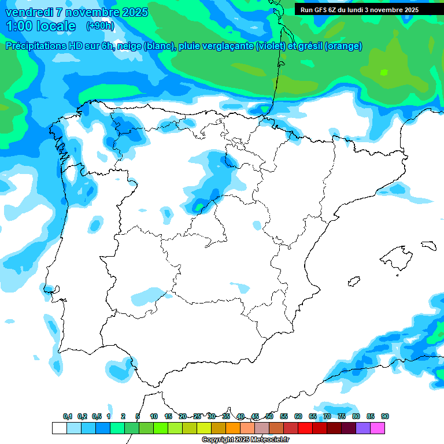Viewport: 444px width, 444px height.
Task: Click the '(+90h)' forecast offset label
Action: click(x=100, y=26)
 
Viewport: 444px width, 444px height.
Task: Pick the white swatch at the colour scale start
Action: click(x=59, y=428)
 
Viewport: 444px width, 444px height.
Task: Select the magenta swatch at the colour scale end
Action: click(x=378, y=428)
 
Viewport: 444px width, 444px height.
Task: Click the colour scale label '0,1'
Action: click(x=68, y=417)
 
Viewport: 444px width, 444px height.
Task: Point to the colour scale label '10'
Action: click(x=154, y=417)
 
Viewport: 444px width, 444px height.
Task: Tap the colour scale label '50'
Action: click(x=269, y=417)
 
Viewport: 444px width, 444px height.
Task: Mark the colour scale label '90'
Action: click(x=385, y=417)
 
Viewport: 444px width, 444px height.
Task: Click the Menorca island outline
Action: click(x=428, y=245)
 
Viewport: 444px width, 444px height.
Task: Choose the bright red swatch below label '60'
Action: click(x=305, y=428)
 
